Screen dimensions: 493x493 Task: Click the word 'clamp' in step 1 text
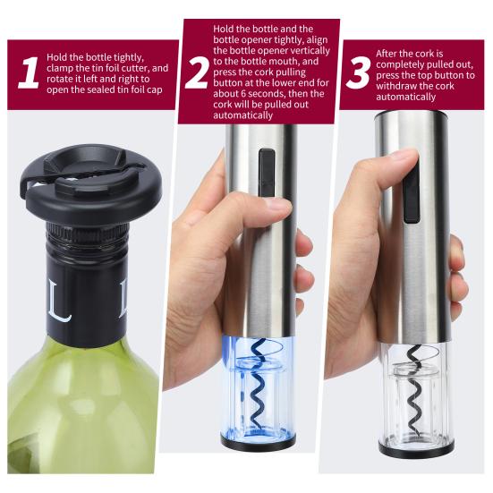coord(67,68)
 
